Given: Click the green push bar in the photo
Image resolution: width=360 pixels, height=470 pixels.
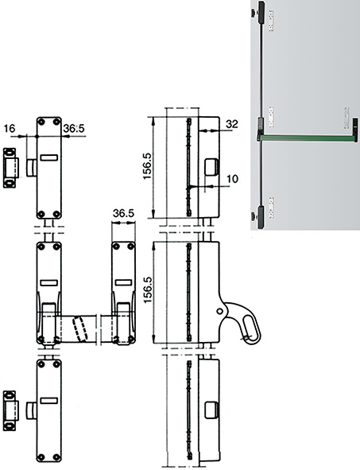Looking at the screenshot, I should click(306, 138).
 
